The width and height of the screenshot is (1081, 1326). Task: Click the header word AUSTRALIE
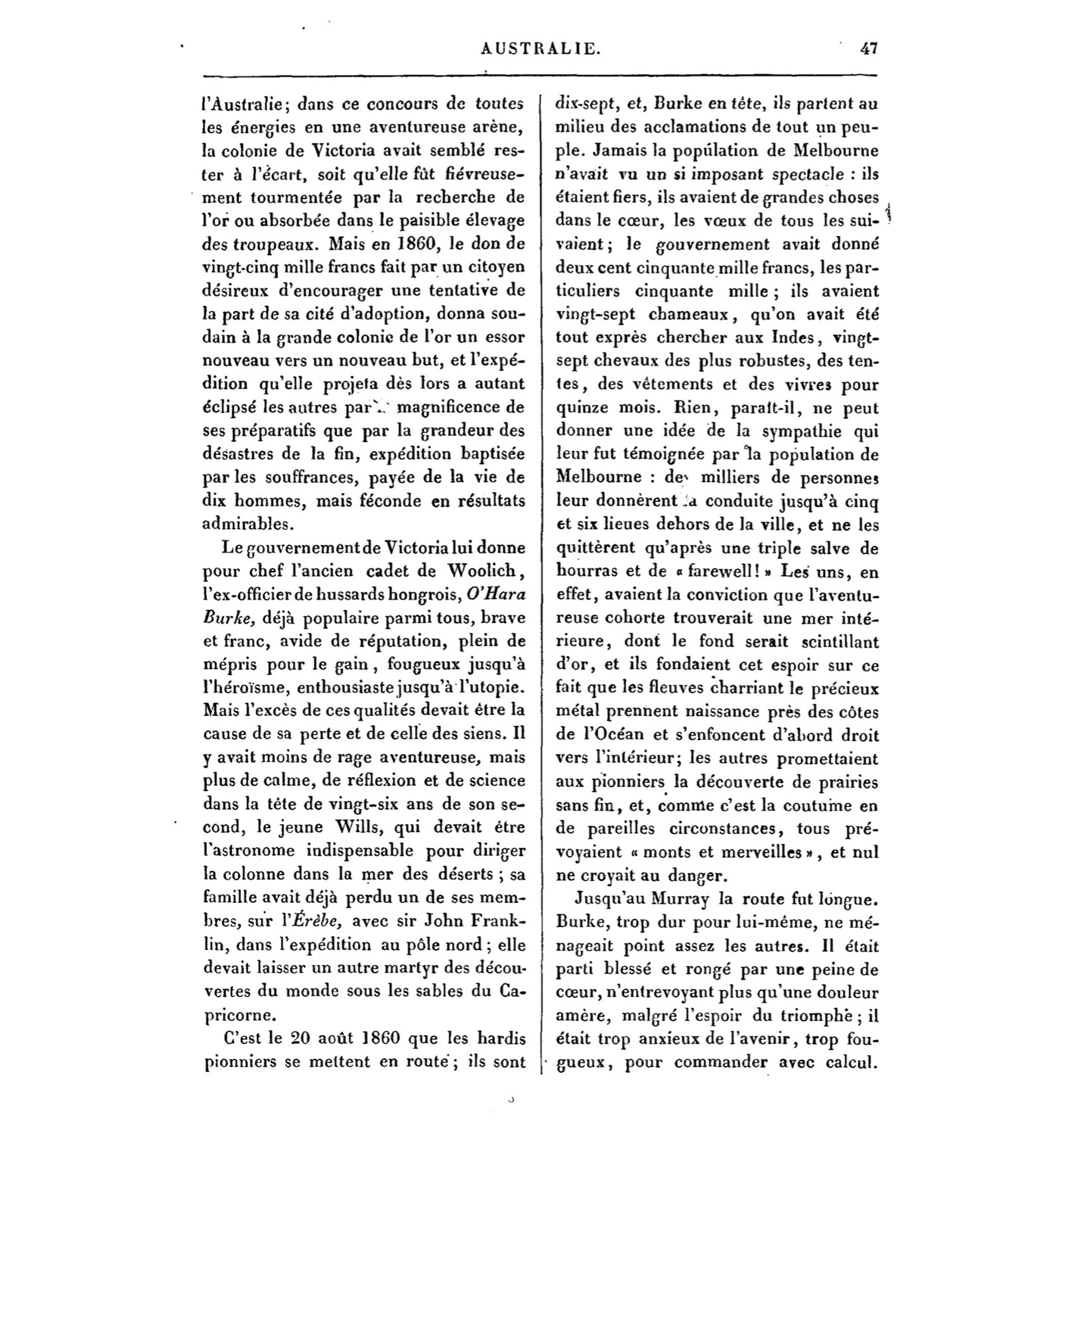click(x=540, y=48)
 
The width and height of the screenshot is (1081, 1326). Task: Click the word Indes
click(x=793, y=337)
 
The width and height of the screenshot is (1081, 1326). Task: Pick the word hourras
click(x=583, y=571)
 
